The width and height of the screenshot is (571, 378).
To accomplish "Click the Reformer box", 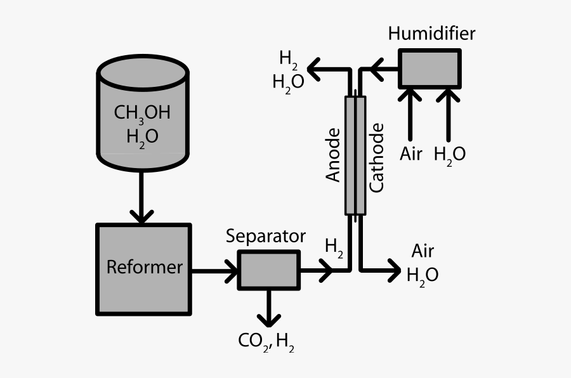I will coord(143,268).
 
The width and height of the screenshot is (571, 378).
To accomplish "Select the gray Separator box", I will coord(268,270).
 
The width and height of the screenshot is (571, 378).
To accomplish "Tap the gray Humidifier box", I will coord(430,68).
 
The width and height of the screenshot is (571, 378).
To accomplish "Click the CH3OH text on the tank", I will coord(142,113).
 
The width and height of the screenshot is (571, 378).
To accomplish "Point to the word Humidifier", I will coord(431,33).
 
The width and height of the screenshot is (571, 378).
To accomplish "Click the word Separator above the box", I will coord(266,237).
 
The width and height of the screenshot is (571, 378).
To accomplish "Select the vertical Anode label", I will coord(334,155).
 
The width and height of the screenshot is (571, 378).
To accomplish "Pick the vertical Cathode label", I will coord(377,158).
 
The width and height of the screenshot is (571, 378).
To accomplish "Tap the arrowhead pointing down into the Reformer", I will coord(141,214).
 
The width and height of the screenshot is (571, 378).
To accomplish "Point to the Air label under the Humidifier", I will coord(411,153).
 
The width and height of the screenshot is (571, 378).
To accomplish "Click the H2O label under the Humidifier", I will coord(449,153).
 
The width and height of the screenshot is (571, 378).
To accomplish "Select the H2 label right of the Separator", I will coord(334,247).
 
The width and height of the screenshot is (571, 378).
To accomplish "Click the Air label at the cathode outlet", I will coord(423,251).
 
